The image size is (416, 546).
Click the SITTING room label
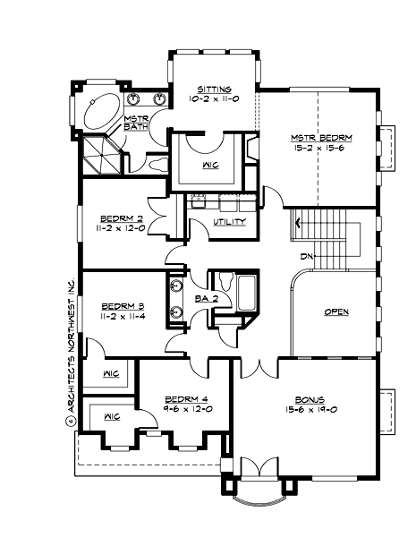pyautogui.click(x=215, y=90)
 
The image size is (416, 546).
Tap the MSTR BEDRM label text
pyautogui.click(x=321, y=138)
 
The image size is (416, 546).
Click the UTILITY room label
pyautogui.click(x=229, y=221)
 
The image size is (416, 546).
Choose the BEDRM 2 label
pyautogui.click(x=123, y=218)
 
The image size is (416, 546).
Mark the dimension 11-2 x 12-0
pyautogui.click(x=123, y=227)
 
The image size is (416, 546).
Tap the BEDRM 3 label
pyautogui.click(x=123, y=304)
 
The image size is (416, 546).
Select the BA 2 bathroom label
pyautogui.click(x=206, y=299)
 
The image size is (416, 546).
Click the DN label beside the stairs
pyautogui.click(x=306, y=257)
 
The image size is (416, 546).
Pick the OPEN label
pyautogui.click(x=336, y=311)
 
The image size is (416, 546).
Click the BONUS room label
pyautogui.click(x=311, y=399)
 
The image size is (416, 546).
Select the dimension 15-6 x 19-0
pyautogui.click(x=311, y=409)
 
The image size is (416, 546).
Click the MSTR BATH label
pyautogui.click(x=136, y=123)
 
